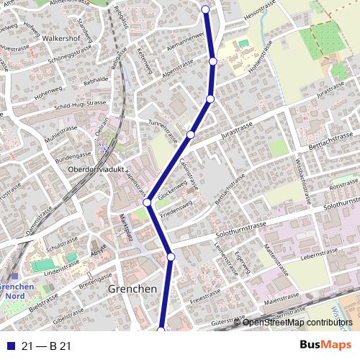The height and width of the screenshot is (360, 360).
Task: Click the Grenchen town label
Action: point(132,289)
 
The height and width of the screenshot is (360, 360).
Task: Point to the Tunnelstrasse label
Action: point(162,130)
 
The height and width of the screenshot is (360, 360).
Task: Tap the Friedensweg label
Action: point(176,204)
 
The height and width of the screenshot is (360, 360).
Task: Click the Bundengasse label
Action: point(74,155)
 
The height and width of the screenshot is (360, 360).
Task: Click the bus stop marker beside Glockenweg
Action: point(147,203)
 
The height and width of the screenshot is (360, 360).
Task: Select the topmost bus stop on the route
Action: point(205,9)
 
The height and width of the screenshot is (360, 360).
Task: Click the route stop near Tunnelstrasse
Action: point(191,135)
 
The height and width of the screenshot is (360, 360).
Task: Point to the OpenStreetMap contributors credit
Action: point(297,323)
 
